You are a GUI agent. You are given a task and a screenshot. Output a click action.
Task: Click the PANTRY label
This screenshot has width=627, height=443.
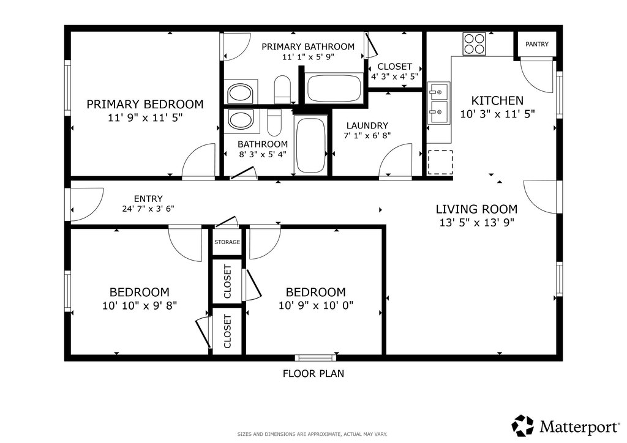point(536,44)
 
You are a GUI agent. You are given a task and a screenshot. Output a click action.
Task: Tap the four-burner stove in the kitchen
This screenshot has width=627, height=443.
point(475,44)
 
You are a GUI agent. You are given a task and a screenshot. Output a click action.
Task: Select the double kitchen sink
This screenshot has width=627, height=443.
point(438,103)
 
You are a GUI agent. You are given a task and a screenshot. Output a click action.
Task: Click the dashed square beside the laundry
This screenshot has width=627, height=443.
point(440,162)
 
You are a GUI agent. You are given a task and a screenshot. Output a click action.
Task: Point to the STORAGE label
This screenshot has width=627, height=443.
point(227,242)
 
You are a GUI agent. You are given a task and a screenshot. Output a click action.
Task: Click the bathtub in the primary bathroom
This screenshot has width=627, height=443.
point(334,88)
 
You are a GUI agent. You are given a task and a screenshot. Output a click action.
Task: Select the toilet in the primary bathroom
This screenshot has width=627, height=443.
point(282,89)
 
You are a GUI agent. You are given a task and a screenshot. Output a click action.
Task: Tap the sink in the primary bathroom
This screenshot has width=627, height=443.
point(240,93)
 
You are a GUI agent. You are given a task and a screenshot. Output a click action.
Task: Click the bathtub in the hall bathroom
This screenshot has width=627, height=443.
point(310,144)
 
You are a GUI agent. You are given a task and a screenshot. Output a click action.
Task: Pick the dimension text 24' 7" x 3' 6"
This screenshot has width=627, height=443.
point(148,209)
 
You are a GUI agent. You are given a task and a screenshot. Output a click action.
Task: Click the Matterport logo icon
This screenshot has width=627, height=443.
point(523,425)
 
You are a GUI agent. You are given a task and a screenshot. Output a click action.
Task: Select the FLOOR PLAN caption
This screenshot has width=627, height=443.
point(313,373)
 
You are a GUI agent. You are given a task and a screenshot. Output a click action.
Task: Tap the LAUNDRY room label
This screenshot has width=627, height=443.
point(367,125)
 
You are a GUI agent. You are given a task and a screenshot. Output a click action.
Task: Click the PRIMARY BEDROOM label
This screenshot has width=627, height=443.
point(145,104)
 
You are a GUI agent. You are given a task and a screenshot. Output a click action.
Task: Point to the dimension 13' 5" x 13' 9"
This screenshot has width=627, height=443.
point(476,223)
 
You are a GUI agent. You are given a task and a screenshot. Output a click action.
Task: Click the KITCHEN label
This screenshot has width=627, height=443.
point(497,100)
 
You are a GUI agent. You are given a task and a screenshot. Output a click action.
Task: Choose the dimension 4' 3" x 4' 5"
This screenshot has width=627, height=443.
point(395,76)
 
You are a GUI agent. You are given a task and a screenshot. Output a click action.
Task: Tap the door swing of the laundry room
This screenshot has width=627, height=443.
point(395,160)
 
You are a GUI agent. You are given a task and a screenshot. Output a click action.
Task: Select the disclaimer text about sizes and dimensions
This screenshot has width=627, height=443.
point(312,434)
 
